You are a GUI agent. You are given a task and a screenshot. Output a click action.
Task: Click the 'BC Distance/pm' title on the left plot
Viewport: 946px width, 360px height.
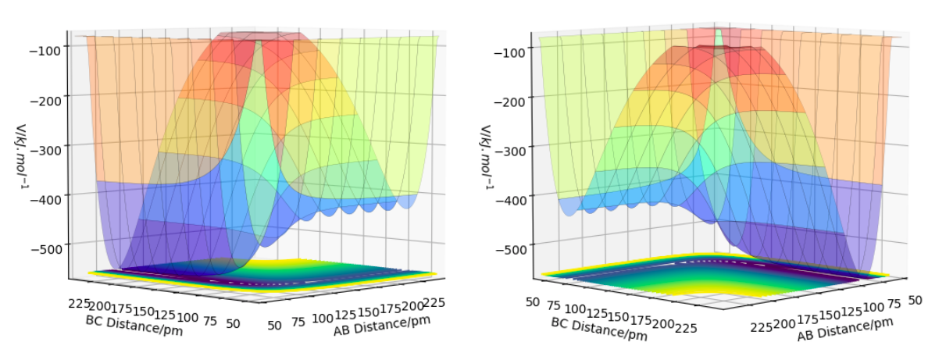click(127, 320)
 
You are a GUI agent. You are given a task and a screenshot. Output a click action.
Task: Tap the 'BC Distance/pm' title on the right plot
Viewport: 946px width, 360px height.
click(598, 330)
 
